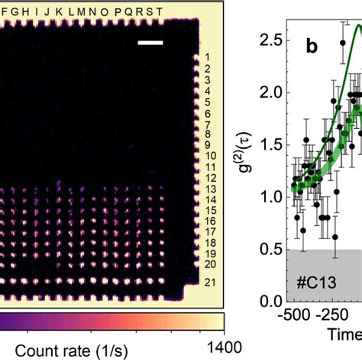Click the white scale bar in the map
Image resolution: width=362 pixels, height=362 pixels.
pos(150,43)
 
